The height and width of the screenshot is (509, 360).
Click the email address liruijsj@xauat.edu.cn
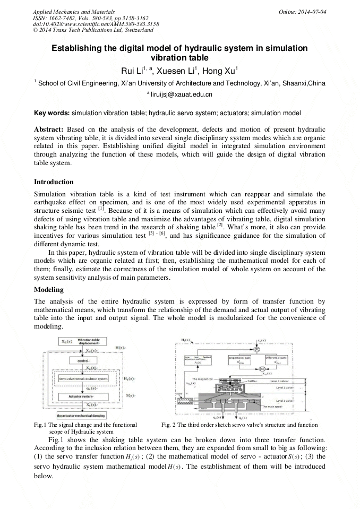click(179, 94)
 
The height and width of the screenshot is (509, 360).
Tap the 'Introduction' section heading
click(54, 182)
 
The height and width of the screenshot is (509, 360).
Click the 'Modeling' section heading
click(49, 290)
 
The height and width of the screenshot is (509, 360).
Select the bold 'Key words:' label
click(52, 113)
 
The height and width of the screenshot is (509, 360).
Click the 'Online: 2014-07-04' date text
click(305, 12)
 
